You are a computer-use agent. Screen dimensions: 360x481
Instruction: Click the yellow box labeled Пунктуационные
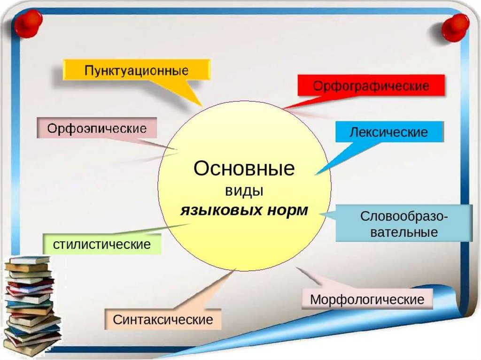click(x=137, y=71)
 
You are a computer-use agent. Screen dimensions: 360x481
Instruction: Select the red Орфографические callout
click(x=371, y=86)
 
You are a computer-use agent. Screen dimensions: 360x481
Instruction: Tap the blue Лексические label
click(x=389, y=132)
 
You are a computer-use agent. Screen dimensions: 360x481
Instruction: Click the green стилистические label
click(x=102, y=244)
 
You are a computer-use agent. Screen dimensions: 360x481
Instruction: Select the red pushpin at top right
click(x=455, y=27)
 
